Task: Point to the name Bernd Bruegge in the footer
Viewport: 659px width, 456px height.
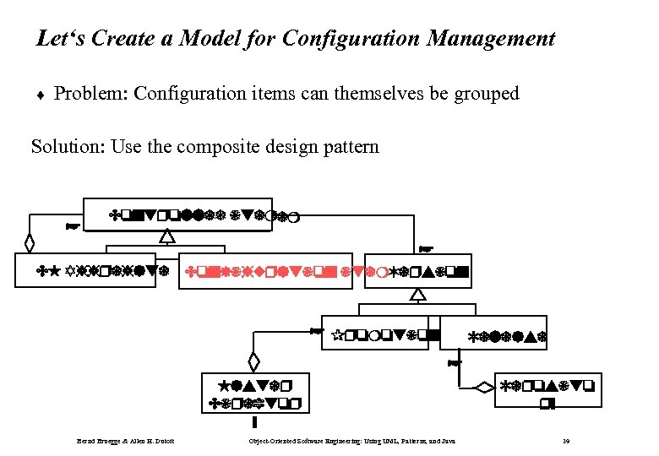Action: pos(98,441)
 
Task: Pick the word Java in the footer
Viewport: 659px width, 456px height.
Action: pos(448,441)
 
